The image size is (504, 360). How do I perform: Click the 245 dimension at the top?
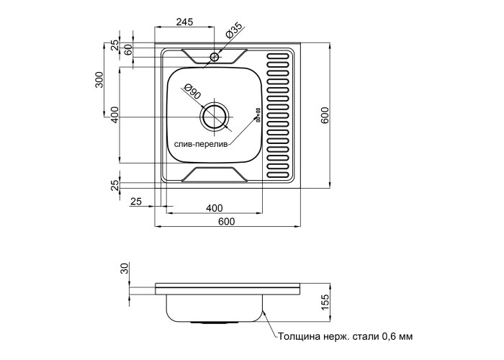(184, 22)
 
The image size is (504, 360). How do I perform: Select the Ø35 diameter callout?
(234, 32)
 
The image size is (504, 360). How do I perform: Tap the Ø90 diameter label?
(192, 92)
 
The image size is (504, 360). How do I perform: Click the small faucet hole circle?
(214, 56)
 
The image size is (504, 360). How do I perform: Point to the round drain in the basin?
(215, 117)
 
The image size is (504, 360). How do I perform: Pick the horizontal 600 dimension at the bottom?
(226, 221)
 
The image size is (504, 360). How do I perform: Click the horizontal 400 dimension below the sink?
(213, 208)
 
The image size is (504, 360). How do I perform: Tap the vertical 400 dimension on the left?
(114, 115)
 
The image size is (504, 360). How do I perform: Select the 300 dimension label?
(100, 80)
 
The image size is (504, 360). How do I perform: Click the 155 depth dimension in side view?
(325, 300)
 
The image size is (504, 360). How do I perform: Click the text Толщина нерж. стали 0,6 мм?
(343, 336)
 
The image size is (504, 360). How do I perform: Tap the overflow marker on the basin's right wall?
(256, 112)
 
